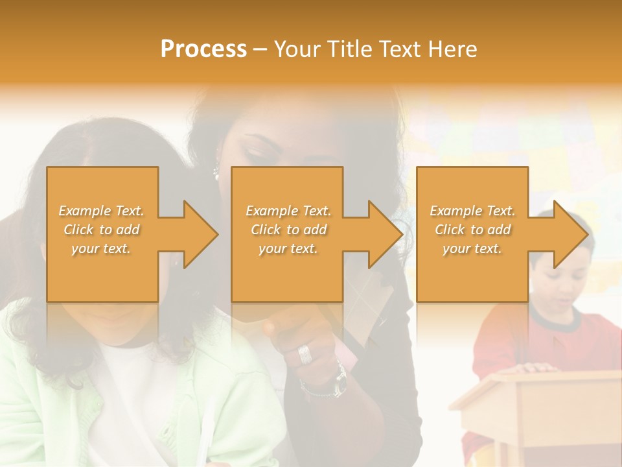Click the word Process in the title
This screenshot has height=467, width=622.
pyautogui.click(x=203, y=49)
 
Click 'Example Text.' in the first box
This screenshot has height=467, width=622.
pyautogui.click(x=102, y=211)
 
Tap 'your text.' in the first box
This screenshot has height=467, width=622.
pyautogui.click(x=101, y=248)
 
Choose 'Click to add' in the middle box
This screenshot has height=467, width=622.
pyautogui.click(x=288, y=230)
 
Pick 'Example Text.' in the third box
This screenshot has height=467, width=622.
pyautogui.click(x=472, y=211)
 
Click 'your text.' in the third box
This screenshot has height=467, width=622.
pyautogui.click(x=472, y=248)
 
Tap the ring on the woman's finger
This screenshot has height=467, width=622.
pyautogui.click(x=305, y=354)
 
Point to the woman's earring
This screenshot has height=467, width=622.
pyautogui.click(x=216, y=173)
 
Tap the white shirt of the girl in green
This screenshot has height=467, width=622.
pyautogui.click(x=130, y=389)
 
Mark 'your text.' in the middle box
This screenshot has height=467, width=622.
pyautogui.click(x=288, y=248)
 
